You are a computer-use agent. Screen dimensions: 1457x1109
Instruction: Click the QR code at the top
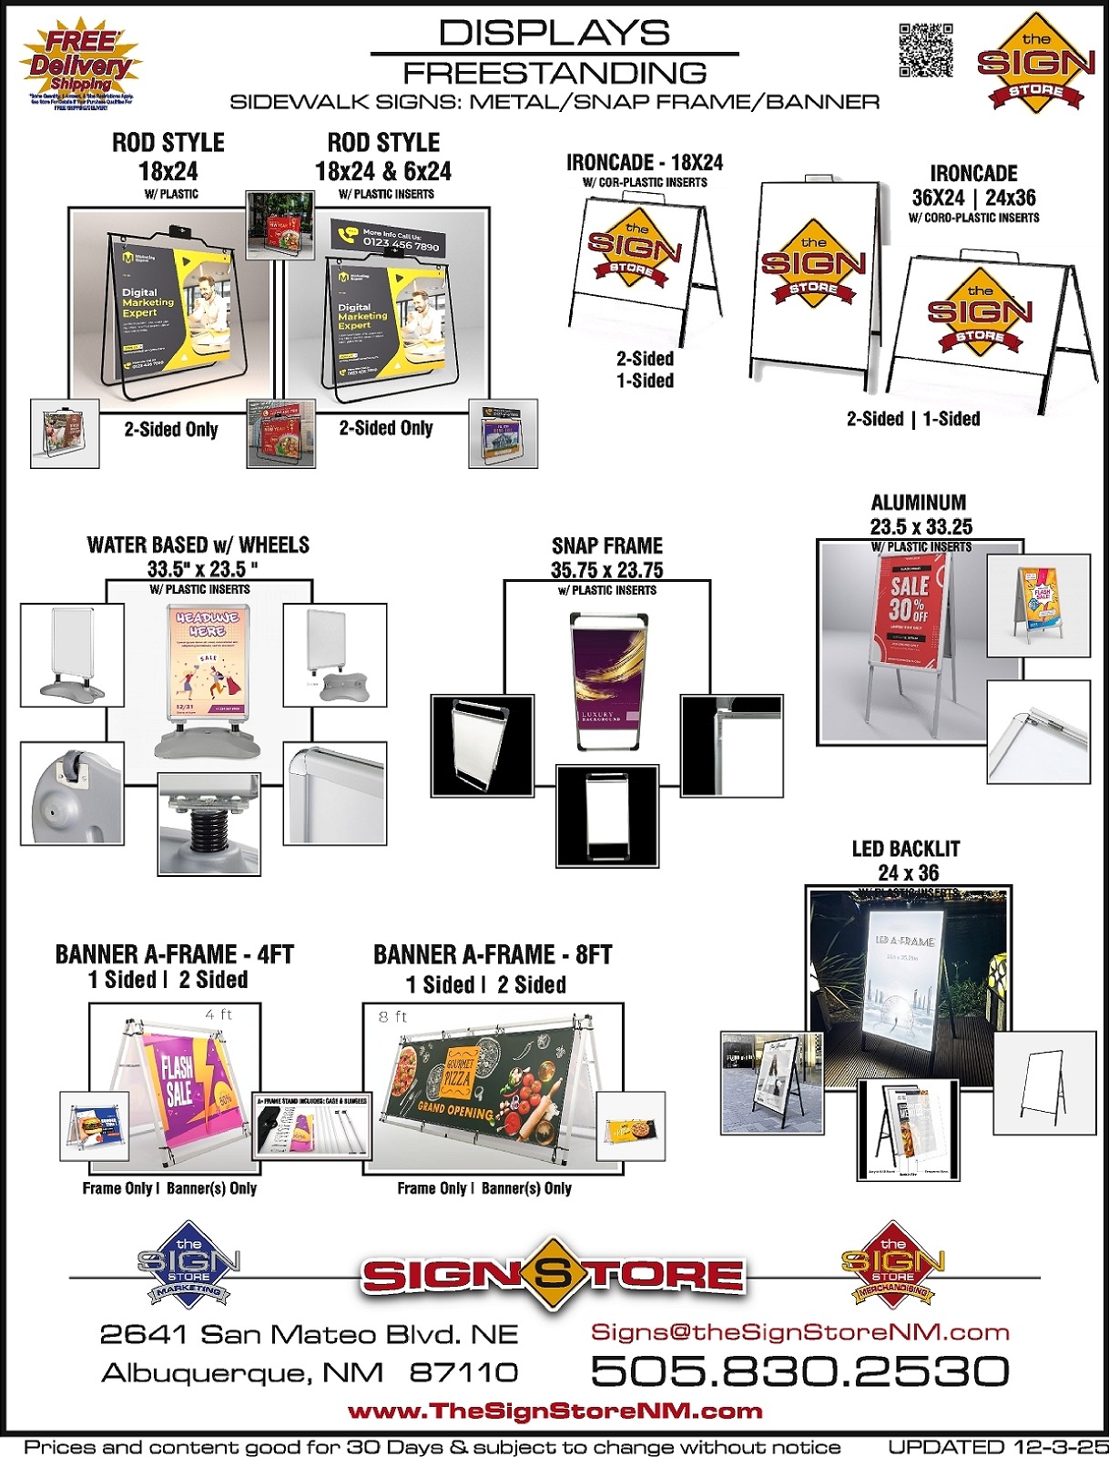coord(926,50)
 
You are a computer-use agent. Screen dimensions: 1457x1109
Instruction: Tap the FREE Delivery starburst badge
coord(80,65)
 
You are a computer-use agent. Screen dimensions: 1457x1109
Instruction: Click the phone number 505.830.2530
coord(799,1370)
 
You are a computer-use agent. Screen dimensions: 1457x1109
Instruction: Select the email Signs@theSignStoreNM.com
coord(799,1331)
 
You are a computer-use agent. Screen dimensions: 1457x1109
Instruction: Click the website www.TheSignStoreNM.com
coord(554,1411)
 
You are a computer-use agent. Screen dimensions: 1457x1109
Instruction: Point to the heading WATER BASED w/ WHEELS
coord(198,545)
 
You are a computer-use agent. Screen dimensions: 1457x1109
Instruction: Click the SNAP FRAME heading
coord(606,545)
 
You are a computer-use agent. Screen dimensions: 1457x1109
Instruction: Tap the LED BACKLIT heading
coord(905,849)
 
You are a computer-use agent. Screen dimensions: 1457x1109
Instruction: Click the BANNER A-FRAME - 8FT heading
coord(493,954)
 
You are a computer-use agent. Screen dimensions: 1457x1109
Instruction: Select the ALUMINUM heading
coord(918,503)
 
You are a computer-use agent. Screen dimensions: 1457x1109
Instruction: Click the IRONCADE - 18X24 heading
coord(645,163)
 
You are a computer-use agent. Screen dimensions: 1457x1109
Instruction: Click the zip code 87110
coord(463,1371)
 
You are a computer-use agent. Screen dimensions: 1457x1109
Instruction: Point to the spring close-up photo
coord(209,824)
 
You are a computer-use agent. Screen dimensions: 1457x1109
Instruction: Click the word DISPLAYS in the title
coord(554,33)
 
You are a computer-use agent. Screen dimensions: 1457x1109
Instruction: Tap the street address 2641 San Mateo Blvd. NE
coord(309,1334)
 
